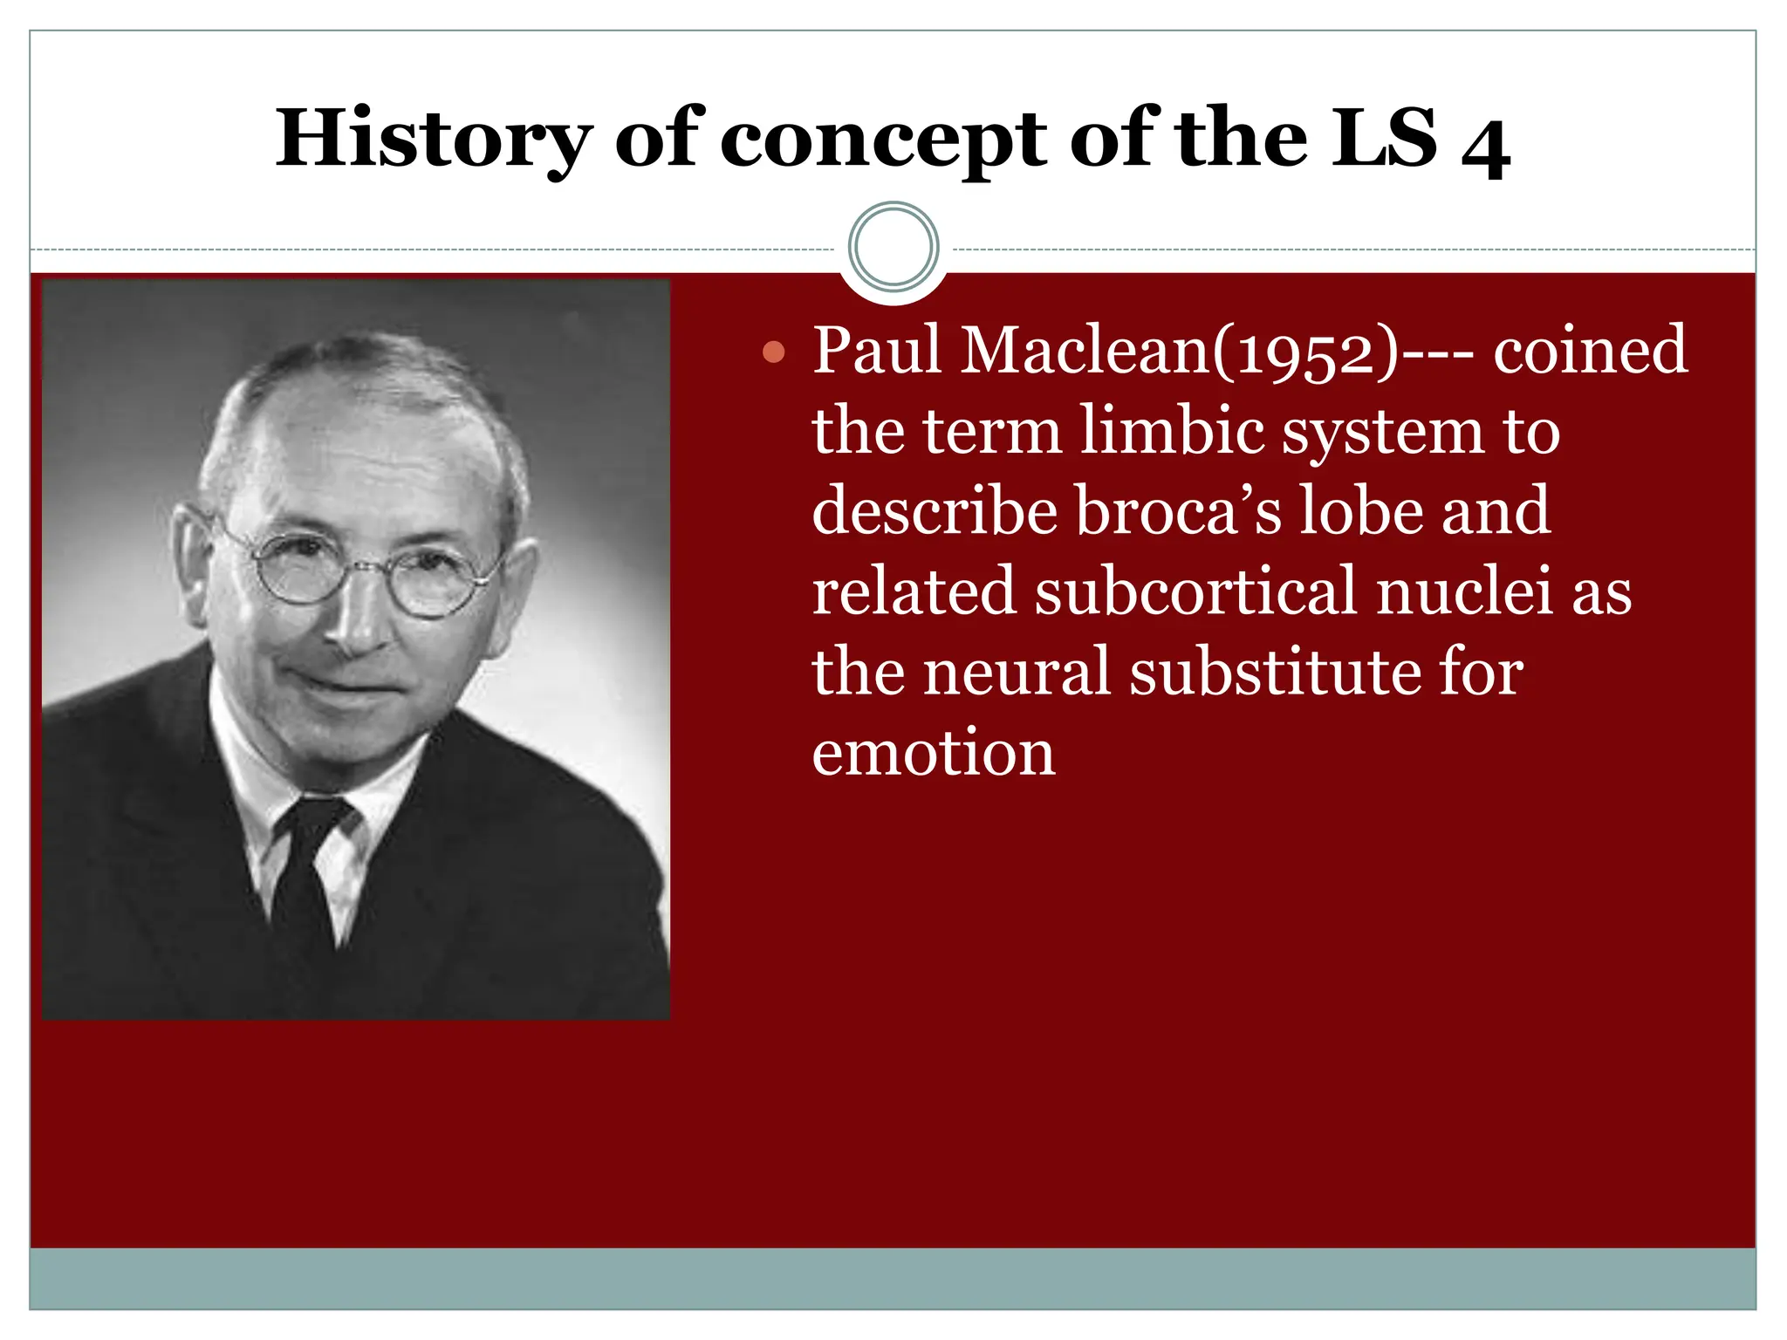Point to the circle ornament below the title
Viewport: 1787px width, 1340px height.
point(893,247)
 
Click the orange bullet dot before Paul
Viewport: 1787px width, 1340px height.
point(773,352)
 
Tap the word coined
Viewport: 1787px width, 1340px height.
point(1590,351)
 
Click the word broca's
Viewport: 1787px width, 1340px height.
point(1178,511)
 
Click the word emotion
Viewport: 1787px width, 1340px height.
point(933,752)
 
